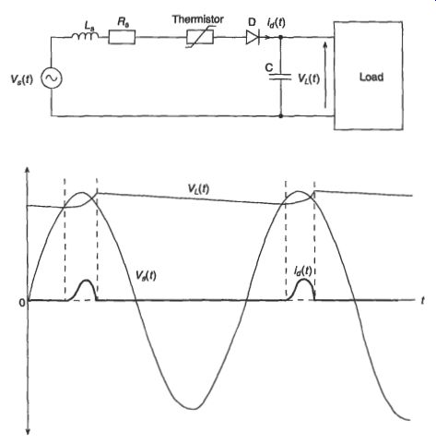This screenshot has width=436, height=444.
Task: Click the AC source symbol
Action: pyautogui.click(x=52, y=78)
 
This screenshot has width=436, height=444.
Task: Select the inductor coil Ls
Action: pyautogui.click(x=85, y=36)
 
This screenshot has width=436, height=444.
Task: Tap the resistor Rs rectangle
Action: pyautogui.click(x=122, y=37)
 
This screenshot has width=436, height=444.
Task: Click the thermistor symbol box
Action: pyautogui.click(x=200, y=37)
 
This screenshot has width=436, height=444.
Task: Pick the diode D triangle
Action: pyautogui.click(x=253, y=37)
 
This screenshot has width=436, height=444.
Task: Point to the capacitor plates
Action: pyautogui.click(x=280, y=77)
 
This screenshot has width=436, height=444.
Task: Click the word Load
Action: pyautogui.click(x=371, y=77)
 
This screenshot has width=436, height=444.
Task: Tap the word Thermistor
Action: pyautogui.click(x=198, y=19)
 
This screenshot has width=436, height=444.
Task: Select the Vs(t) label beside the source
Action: pyautogui.click(x=22, y=79)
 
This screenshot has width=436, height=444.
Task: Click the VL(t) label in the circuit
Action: pyautogui.click(x=309, y=78)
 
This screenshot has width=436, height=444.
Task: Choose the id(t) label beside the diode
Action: pyautogui.click(x=276, y=23)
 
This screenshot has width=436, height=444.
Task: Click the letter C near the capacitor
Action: pyautogui.click(x=269, y=67)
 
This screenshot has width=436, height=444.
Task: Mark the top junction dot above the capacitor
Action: pyautogui.click(x=280, y=37)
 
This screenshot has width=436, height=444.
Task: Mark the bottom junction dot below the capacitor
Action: pyautogui.click(x=280, y=116)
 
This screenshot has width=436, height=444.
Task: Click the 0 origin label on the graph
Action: pyautogui.click(x=22, y=303)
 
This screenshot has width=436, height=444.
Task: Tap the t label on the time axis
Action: pyautogui.click(x=423, y=300)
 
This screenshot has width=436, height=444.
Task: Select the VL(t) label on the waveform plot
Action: pyautogui.click(x=198, y=188)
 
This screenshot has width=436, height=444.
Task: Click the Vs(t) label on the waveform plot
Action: pyautogui.click(x=146, y=275)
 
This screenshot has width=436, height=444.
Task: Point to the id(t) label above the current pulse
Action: pyautogui.click(x=302, y=271)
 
